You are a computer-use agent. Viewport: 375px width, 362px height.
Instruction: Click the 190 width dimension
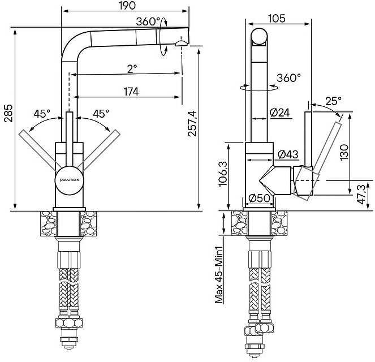[126, 6]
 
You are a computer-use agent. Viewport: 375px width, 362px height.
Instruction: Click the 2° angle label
[131, 69]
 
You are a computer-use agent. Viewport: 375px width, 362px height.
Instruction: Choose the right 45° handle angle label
[101, 113]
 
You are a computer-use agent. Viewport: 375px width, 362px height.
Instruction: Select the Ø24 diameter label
[280, 113]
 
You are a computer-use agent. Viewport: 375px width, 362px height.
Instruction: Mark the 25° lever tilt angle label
[333, 101]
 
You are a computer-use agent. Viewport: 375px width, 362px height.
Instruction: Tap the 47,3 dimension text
[368, 194]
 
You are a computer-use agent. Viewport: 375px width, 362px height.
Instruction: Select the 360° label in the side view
[289, 78]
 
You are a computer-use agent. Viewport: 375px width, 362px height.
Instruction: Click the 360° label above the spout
[149, 21]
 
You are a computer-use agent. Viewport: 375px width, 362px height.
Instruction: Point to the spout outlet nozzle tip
[180, 44]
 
